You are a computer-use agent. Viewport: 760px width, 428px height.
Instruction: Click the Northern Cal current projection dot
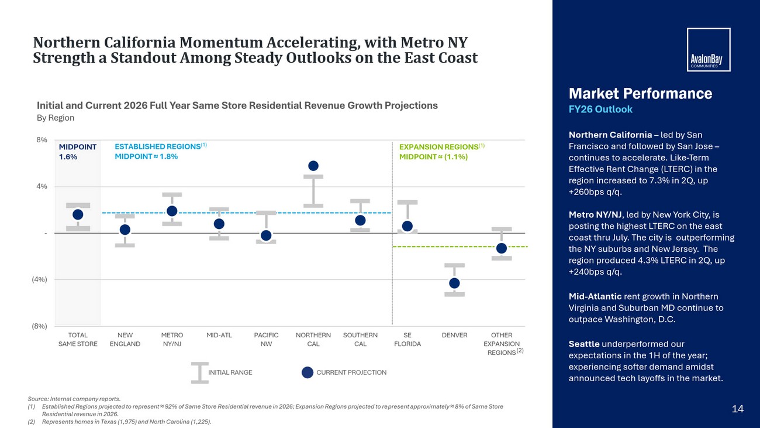pos(313,166)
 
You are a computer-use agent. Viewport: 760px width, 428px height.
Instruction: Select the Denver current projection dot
pos(454,283)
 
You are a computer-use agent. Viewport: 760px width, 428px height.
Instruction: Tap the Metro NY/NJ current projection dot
pos(172,211)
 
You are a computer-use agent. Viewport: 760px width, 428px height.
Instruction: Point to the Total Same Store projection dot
pos(78,214)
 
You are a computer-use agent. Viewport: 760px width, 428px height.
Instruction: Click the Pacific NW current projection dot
pos(266,235)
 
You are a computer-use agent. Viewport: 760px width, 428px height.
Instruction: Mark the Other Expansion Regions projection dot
pos(502,248)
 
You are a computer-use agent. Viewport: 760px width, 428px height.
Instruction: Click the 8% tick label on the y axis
pos(42,140)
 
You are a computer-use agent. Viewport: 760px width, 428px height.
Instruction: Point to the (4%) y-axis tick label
pos(39,279)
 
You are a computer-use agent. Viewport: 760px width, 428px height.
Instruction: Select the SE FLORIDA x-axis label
pos(407,340)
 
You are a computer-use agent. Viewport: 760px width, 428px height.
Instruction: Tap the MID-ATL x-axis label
pos(219,335)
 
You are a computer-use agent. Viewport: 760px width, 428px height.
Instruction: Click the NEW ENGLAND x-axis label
pos(125,340)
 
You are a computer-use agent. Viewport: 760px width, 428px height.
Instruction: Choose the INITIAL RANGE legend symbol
pos(200,373)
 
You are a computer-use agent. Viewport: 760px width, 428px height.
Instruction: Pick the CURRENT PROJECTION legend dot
pos(308,372)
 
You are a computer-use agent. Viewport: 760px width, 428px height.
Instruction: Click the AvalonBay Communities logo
pos(709,50)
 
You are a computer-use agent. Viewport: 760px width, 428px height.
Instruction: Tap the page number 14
pos(738,409)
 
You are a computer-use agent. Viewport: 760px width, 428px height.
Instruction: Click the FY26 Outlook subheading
pos(600,109)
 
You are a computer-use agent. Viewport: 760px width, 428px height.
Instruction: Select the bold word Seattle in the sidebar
pos(584,344)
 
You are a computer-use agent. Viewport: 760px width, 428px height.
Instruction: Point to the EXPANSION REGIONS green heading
pos(442,147)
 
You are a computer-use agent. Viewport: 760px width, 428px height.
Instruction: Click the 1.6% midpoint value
pos(68,157)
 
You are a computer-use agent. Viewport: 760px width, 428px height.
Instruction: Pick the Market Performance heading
pos(640,94)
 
